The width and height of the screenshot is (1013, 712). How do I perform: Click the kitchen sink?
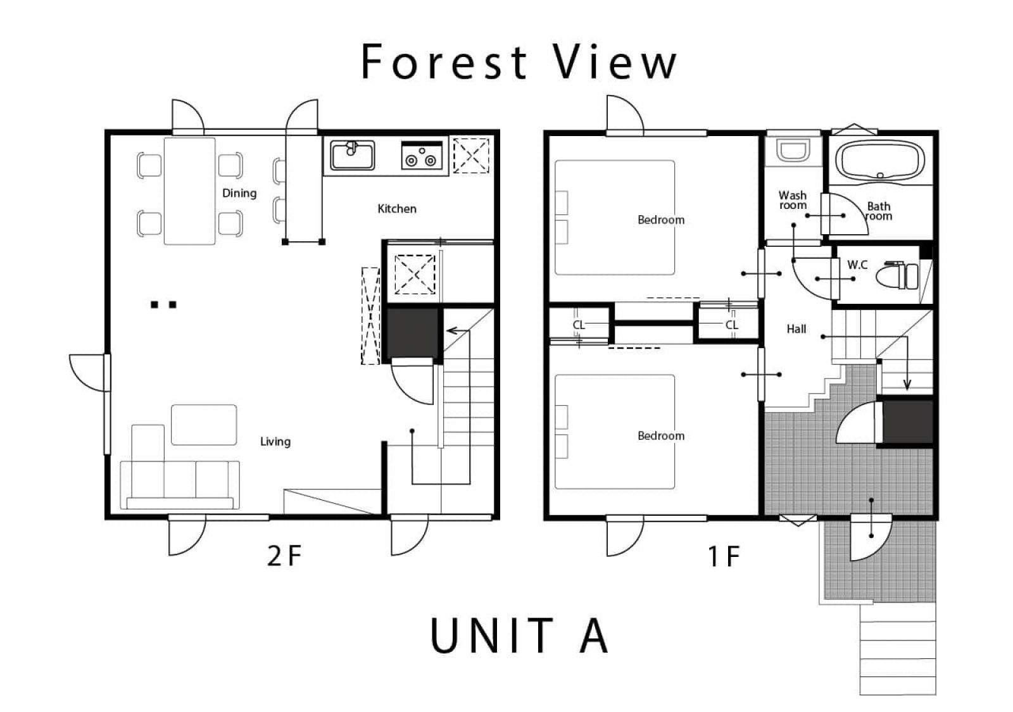pyautogui.click(x=352, y=155)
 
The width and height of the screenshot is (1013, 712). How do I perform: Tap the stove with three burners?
pyautogui.click(x=422, y=155)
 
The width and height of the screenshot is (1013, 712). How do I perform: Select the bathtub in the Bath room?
pyautogui.click(x=880, y=161)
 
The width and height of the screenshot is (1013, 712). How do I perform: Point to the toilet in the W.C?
pyautogui.click(x=897, y=276)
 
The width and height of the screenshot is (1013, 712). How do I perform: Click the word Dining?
pyautogui.click(x=239, y=194)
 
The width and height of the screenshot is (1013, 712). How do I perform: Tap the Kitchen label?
pyautogui.click(x=397, y=209)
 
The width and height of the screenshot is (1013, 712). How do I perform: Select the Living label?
pyautogui.click(x=275, y=442)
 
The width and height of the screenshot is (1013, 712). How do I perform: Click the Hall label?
pyautogui.click(x=796, y=329)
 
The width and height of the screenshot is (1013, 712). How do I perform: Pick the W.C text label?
pyautogui.click(x=857, y=265)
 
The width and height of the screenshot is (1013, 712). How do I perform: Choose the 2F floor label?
pyautogui.click(x=284, y=556)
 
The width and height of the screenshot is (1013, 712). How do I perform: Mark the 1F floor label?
pyautogui.click(x=724, y=556)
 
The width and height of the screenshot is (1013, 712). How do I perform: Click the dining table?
pyautogui.click(x=189, y=191)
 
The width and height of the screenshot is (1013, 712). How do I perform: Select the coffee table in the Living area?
pyautogui.click(x=203, y=425)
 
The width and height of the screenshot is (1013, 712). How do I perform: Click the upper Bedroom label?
pyautogui.click(x=661, y=220)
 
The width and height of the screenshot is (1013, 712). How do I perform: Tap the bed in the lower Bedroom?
pyautogui.click(x=615, y=432)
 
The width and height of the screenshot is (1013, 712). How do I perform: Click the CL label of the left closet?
pyautogui.click(x=579, y=325)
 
